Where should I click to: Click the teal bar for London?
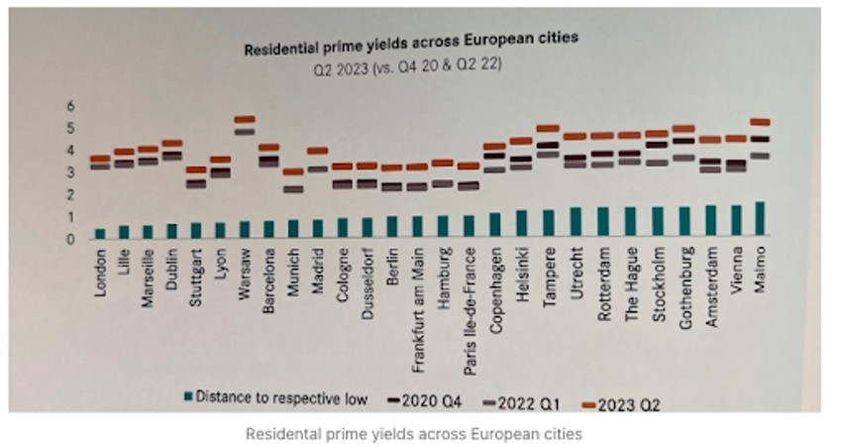click(x=100, y=233)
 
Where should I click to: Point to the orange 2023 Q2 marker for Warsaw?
click(x=245, y=119)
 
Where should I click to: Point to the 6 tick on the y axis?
click(x=70, y=105)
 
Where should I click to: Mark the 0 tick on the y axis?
click(x=70, y=239)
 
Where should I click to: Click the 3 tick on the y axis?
click(x=70, y=172)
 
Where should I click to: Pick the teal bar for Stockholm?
click(x=654, y=223)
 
